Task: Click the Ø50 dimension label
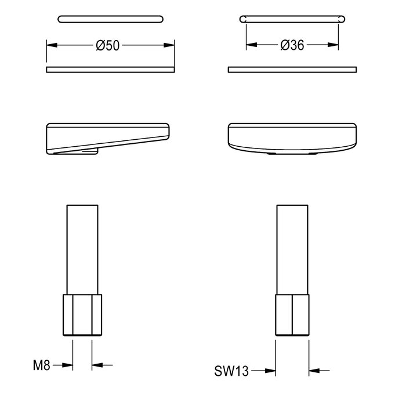pos(108,45)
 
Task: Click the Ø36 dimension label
pos(292,45)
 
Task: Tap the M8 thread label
pos(41,365)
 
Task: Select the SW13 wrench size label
pos(231,371)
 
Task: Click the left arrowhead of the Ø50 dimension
pos(52,45)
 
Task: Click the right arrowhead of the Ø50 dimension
pos(169,45)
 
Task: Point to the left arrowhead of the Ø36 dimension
pos(251,45)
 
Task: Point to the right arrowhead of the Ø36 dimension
pos(333,45)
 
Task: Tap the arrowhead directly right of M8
pos(68,365)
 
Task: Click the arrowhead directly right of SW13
pos(271,371)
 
